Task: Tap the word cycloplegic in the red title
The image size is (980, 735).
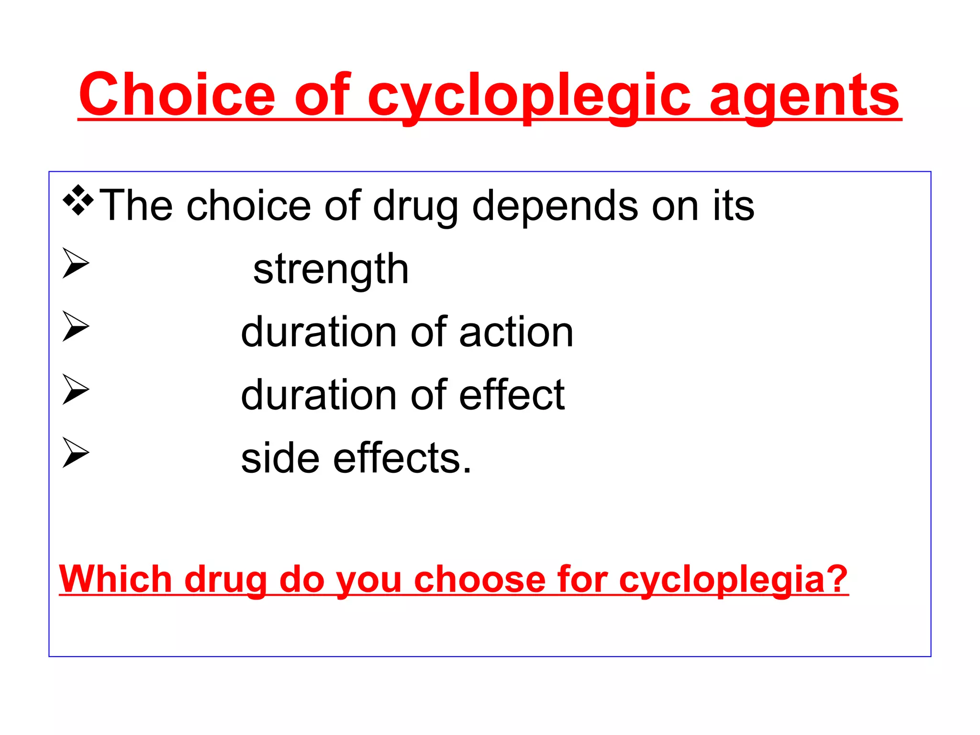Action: coord(529,96)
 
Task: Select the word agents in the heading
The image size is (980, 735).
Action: coord(804,96)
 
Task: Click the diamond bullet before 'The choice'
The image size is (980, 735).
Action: coord(78,200)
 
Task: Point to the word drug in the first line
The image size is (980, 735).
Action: coord(414,206)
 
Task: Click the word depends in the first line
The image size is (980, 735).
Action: coord(555,206)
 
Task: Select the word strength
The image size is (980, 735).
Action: coord(331,269)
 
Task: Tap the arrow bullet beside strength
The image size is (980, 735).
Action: coord(76,263)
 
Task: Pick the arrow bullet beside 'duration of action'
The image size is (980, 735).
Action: coord(76,326)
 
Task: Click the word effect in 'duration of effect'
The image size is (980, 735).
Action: coord(512,395)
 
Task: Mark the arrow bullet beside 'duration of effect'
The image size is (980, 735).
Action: coord(76,390)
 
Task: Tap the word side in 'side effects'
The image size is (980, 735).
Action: coord(280,458)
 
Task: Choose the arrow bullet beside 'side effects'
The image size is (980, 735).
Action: coord(76,453)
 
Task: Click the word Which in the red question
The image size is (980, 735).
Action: coord(115,579)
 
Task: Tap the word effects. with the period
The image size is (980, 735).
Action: coord(402,458)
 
